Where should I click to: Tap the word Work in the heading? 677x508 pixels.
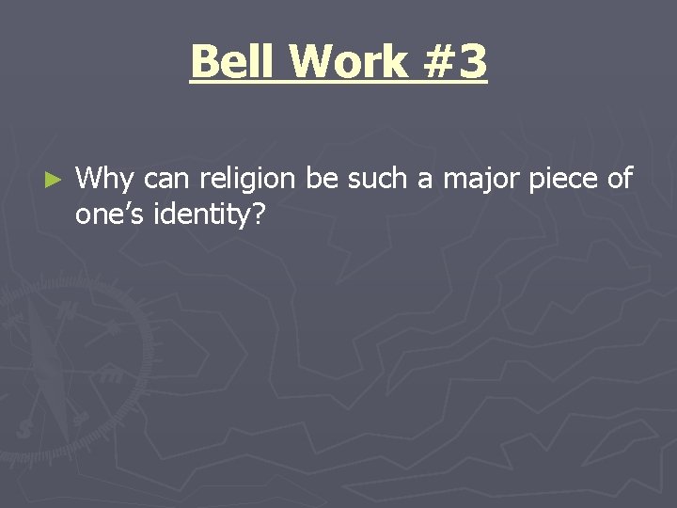[349, 62]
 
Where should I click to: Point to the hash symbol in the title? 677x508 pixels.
[434, 62]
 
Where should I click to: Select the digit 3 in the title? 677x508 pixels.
[472, 62]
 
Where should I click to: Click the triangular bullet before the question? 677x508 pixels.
[54, 178]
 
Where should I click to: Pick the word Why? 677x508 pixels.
[105, 179]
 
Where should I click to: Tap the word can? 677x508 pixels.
[166, 179]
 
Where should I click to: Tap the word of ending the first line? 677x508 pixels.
[619, 178]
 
